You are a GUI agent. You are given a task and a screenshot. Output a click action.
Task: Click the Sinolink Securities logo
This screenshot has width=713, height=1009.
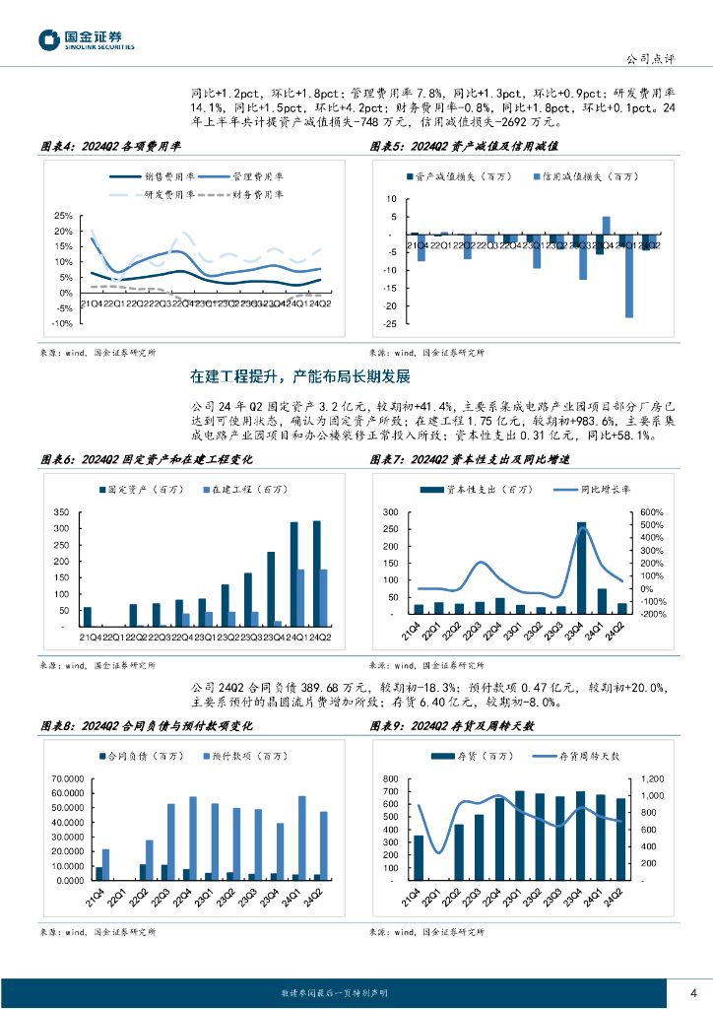click(86, 39)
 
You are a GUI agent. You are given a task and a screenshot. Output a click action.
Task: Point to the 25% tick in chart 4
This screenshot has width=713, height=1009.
click(63, 216)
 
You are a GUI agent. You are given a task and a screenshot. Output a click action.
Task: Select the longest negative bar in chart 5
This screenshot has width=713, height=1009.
click(628, 277)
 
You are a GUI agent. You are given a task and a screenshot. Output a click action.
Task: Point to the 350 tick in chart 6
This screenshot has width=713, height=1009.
click(61, 513)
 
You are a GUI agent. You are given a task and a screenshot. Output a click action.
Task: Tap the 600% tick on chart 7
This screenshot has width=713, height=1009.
click(653, 512)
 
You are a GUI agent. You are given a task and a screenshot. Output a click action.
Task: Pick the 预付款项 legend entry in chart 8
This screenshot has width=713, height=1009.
click(233, 757)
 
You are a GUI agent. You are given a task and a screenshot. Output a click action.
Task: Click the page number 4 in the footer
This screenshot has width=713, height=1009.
click(693, 992)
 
